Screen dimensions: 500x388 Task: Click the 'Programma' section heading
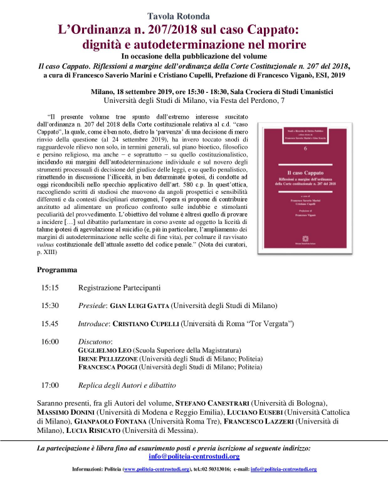click(x=57, y=270)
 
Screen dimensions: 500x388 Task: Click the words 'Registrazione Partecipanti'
click(x=119, y=288)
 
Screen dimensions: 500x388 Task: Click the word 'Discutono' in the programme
click(x=95, y=341)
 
